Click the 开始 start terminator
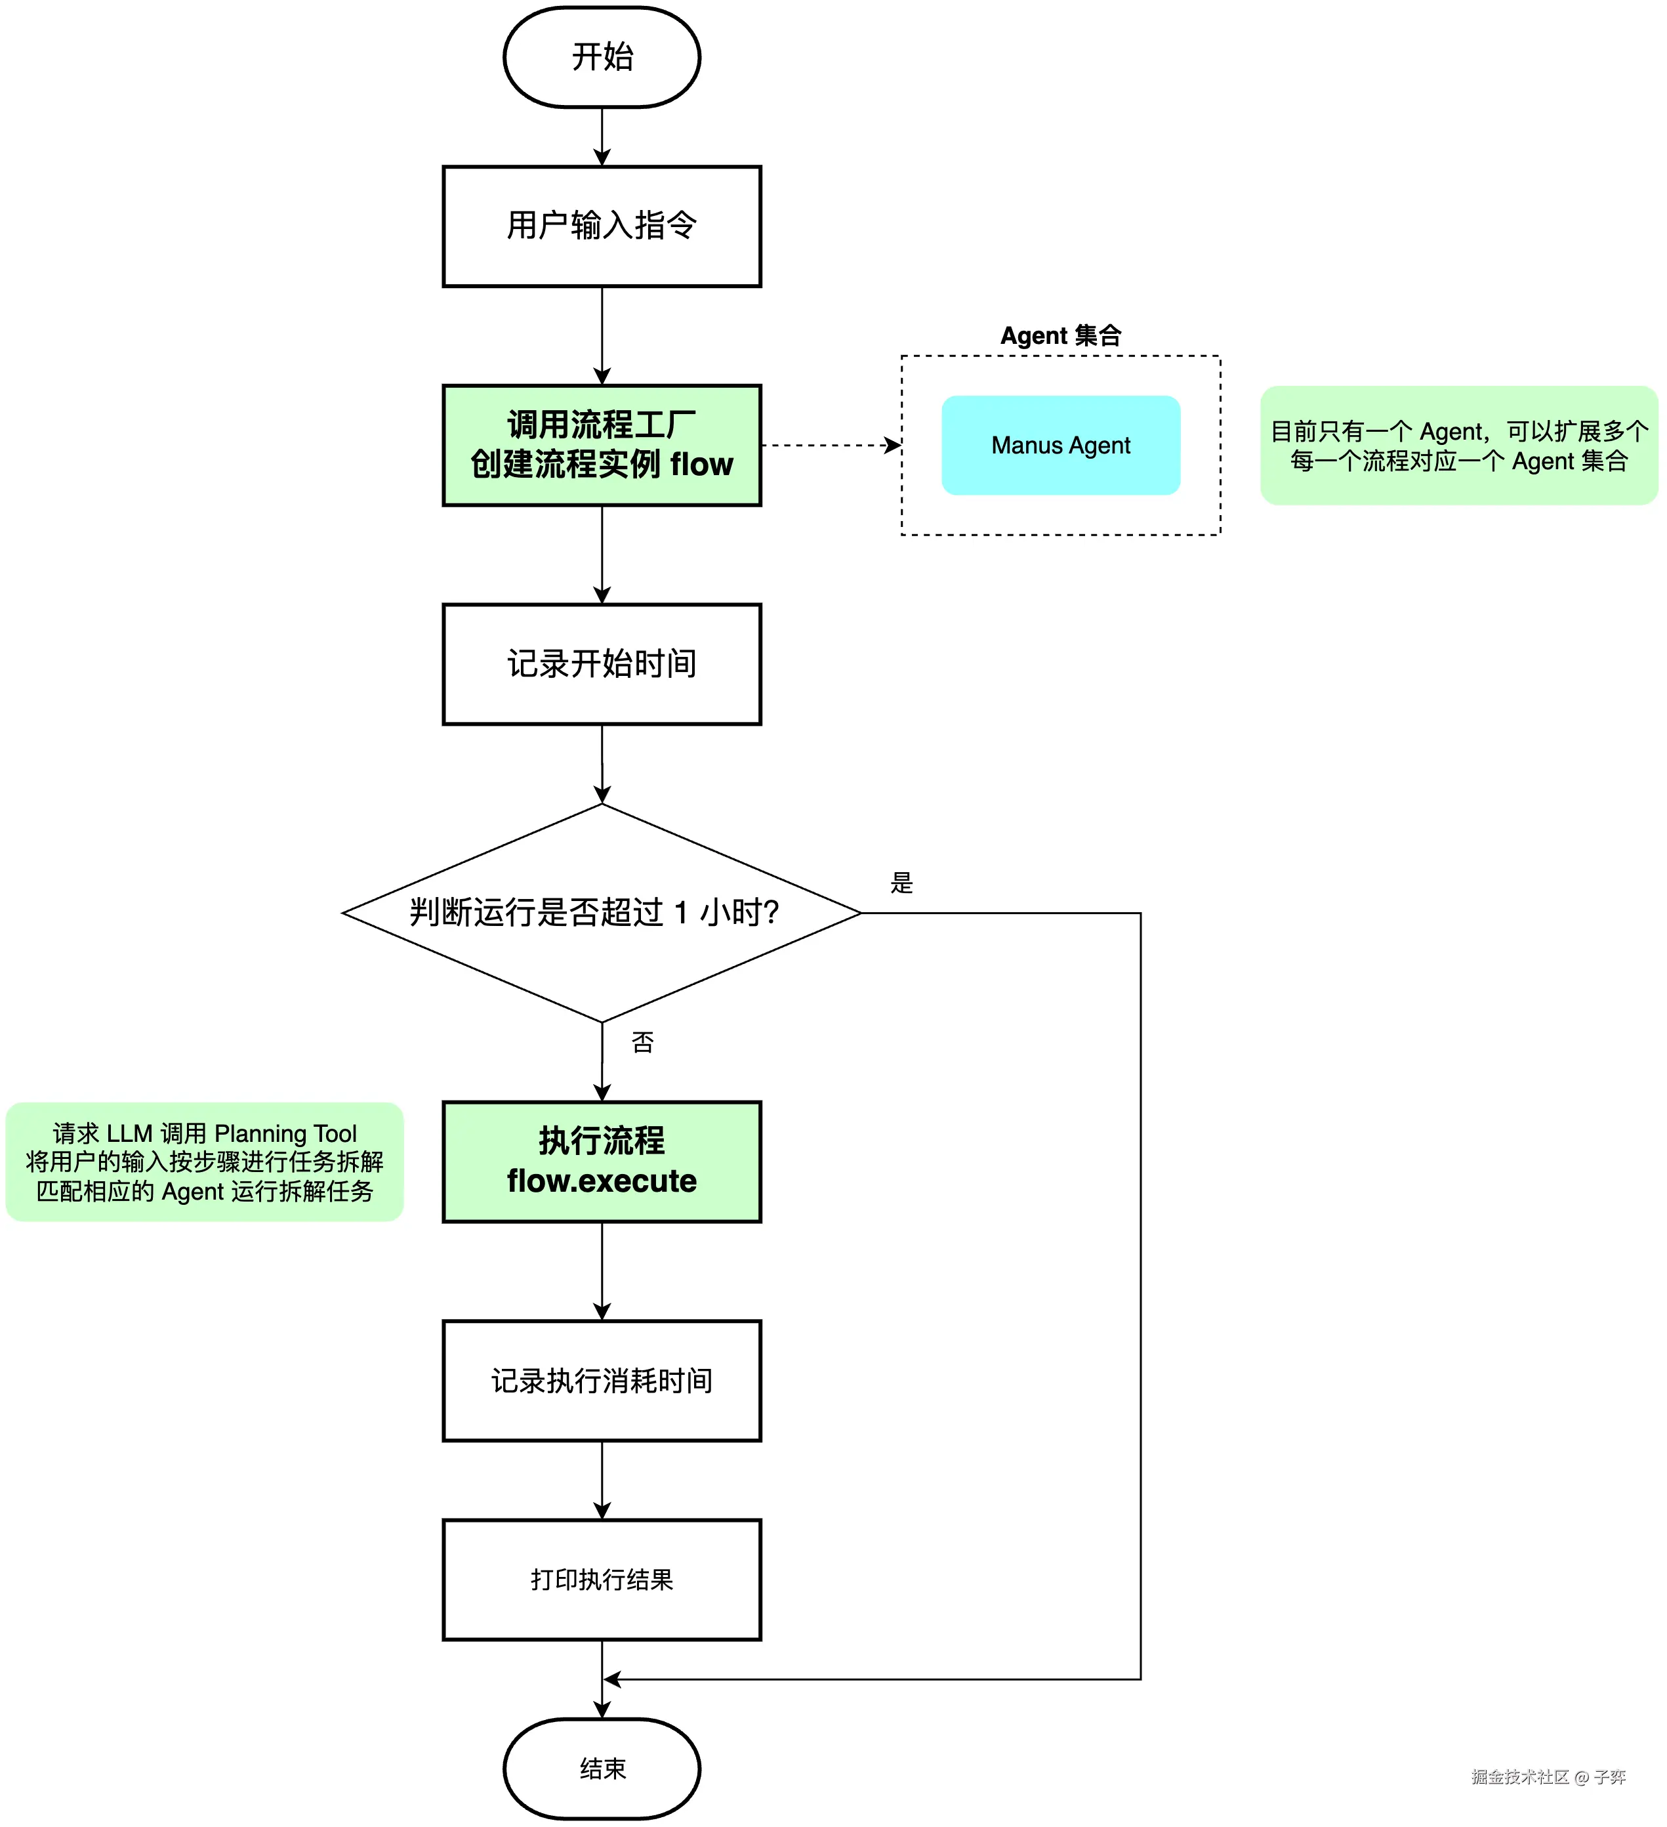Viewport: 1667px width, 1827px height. click(x=602, y=57)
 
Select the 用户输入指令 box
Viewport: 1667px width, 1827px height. click(x=602, y=226)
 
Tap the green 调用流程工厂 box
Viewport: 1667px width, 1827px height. click(x=602, y=445)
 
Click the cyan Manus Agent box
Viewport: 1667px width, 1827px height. click(x=1061, y=445)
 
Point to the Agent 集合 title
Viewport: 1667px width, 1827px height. click(x=1061, y=335)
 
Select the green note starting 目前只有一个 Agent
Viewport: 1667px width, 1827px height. click(x=1458, y=445)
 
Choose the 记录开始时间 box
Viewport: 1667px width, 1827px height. click(x=602, y=664)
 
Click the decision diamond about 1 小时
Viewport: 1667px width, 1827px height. click(x=602, y=913)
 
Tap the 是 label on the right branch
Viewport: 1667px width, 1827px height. click(x=901, y=883)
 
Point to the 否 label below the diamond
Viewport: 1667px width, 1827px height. click(x=642, y=1042)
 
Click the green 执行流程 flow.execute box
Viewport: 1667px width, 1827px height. click(x=602, y=1161)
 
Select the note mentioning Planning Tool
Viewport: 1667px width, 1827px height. click(x=205, y=1161)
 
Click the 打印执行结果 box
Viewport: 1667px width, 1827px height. click(x=602, y=1580)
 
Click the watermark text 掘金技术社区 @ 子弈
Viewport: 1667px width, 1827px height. click(x=1548, y=1777)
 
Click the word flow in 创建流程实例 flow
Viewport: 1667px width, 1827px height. click(x=701, y=465)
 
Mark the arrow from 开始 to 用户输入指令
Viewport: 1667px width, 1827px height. click(x=602, y=136)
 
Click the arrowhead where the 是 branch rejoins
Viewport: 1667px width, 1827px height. click(x=611, y=1679)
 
